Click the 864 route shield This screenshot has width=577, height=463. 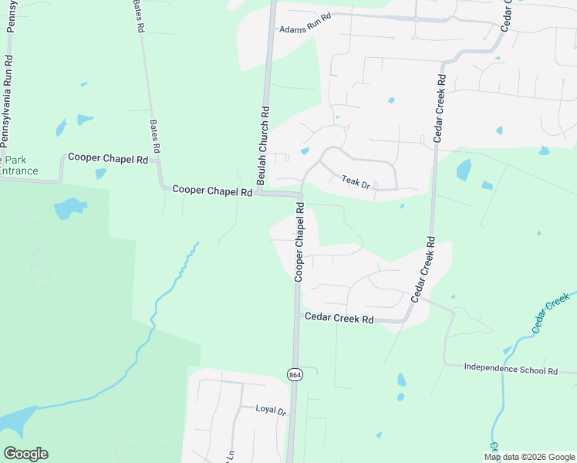tap(295, 374)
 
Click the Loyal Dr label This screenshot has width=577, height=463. tap(271, 410)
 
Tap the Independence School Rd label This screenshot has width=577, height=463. tap(511, 370)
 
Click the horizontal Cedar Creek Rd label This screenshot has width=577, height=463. tap(339, 318)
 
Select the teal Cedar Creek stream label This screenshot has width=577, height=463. tap(549, 313)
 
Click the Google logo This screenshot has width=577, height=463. tap(25, 454)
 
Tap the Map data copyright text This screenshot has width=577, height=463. tap(529, 457)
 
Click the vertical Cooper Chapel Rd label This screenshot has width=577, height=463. tap(299, 242)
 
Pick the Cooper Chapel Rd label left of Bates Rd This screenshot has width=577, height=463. tap(108, 157)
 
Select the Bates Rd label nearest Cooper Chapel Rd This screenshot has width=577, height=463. tap(154, 136)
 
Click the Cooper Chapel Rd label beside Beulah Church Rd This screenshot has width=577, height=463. tap(213, 189)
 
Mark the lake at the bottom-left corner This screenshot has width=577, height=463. tap(14, 421)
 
